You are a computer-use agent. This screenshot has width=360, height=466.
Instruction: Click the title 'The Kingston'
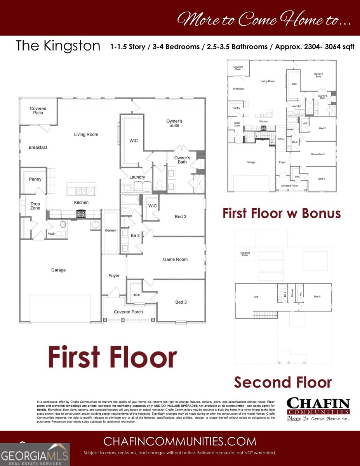[x=58, y=46]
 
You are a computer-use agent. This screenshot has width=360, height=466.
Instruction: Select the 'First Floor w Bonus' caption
[x=282, y=213]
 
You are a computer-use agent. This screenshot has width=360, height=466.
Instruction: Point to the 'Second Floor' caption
[x=283, y=382]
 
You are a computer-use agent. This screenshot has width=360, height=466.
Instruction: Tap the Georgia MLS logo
[x=35, y=455]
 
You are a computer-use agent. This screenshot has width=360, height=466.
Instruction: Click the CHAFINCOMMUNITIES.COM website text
[x=180, y=441]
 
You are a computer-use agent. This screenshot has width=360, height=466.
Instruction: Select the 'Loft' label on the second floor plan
[x=256, y=297]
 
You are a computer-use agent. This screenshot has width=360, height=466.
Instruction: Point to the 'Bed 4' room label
[x=317, y=297]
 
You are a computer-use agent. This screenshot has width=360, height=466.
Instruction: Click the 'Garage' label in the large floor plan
[x=58, y=270]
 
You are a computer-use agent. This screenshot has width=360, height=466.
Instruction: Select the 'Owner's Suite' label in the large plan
[x=174, y=123]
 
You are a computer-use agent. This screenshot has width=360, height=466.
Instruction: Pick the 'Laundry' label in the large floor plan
[x=137, y=177]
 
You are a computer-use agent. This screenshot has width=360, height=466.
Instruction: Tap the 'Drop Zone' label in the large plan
[x=35, y=206]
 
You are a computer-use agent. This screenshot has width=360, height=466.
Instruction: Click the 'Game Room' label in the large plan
[x=175, y=259]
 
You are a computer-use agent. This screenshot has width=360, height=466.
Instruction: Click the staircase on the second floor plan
[x=265, y=314]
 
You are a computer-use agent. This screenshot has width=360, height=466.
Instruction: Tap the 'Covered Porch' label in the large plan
[x=128, y=312]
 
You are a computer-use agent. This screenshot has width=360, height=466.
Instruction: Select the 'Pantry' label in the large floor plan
[x=35, y=179]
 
